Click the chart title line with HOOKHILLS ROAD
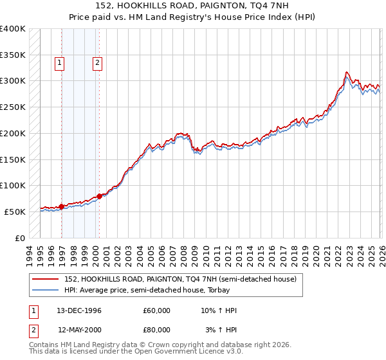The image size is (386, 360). point(193,5)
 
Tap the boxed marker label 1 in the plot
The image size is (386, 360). point(59,63)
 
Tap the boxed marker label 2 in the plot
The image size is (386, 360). point(97,63)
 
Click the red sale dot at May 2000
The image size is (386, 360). point(99,196)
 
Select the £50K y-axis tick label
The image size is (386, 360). point(14,212)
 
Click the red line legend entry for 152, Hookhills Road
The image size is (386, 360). point(180,279)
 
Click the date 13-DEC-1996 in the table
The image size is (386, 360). point(79,310)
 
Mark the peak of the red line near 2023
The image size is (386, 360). point(347,72)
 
